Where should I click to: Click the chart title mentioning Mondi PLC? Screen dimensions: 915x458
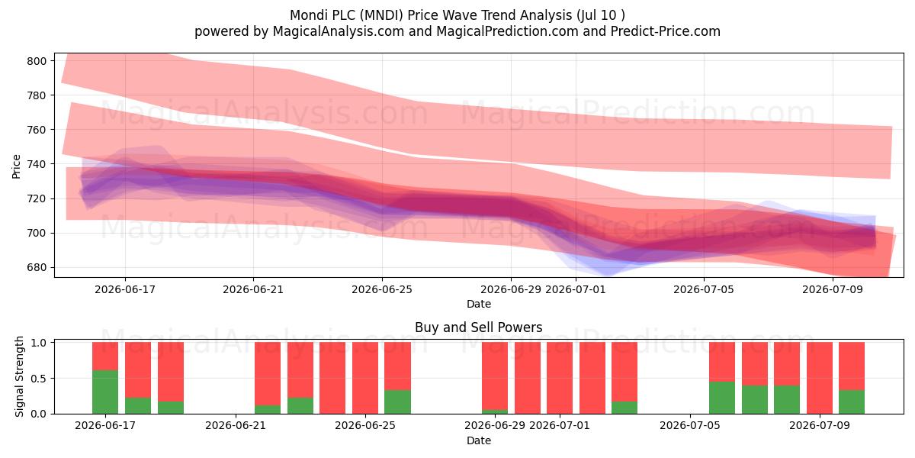(x=457, y=15)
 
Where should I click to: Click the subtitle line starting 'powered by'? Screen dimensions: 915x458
(x=457, y=31)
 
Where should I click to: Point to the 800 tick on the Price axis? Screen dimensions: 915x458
(x=37, y=61)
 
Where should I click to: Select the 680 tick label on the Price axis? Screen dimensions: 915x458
(x=37, y=268)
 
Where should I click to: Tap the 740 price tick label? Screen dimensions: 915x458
(x=37, y=164)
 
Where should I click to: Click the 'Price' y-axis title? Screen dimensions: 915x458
(x=16, y=166)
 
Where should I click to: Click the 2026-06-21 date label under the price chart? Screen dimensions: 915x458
(x=253, y=289)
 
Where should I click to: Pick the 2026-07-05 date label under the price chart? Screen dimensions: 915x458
(x=703, y=289)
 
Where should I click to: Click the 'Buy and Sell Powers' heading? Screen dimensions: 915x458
(x=478, y=327)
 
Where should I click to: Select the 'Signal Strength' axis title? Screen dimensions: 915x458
(x=19, y=376)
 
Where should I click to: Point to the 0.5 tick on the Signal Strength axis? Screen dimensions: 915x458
(x=38, y=379)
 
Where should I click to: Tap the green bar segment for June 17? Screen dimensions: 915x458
(x=105, y=392)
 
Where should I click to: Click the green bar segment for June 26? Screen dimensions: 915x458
(x=397, y=402)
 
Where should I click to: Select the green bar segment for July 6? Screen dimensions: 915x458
(x=722, y=398)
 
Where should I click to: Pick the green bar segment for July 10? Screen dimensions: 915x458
(x=852, y=402)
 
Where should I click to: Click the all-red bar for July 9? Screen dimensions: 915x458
(x=820, y=378)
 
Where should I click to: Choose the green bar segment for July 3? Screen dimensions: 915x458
(x=624, y=408)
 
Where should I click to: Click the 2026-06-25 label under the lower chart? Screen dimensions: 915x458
(x=365, y=426)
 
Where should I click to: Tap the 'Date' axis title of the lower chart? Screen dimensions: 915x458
(x=479, y=440)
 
